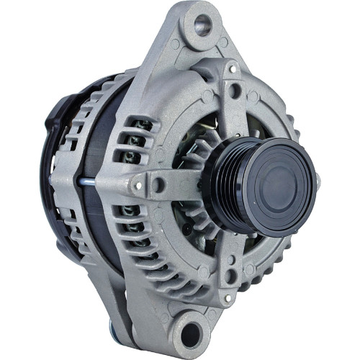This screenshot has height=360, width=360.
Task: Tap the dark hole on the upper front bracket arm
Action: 236,91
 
